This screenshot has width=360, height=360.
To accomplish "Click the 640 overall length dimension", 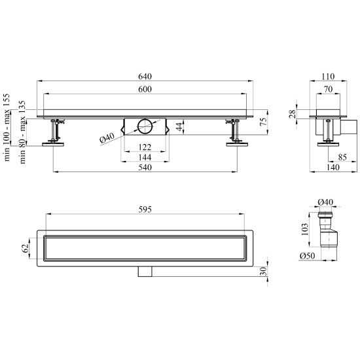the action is pos(145,77).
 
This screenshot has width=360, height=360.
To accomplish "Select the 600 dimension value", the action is pos(145,89).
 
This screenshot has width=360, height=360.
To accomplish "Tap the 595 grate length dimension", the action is pos(145,209).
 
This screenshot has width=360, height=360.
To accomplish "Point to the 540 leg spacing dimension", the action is pos(145,168).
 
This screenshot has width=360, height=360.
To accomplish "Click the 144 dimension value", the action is pos(145,157).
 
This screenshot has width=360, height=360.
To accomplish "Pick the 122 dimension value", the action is pos(145,147).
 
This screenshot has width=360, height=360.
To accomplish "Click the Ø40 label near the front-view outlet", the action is pos(107,138).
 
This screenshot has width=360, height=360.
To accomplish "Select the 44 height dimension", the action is pos(179,126).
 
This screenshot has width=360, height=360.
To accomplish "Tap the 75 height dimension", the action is pos(264,121).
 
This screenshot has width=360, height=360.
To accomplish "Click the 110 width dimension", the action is pos(328,77).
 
